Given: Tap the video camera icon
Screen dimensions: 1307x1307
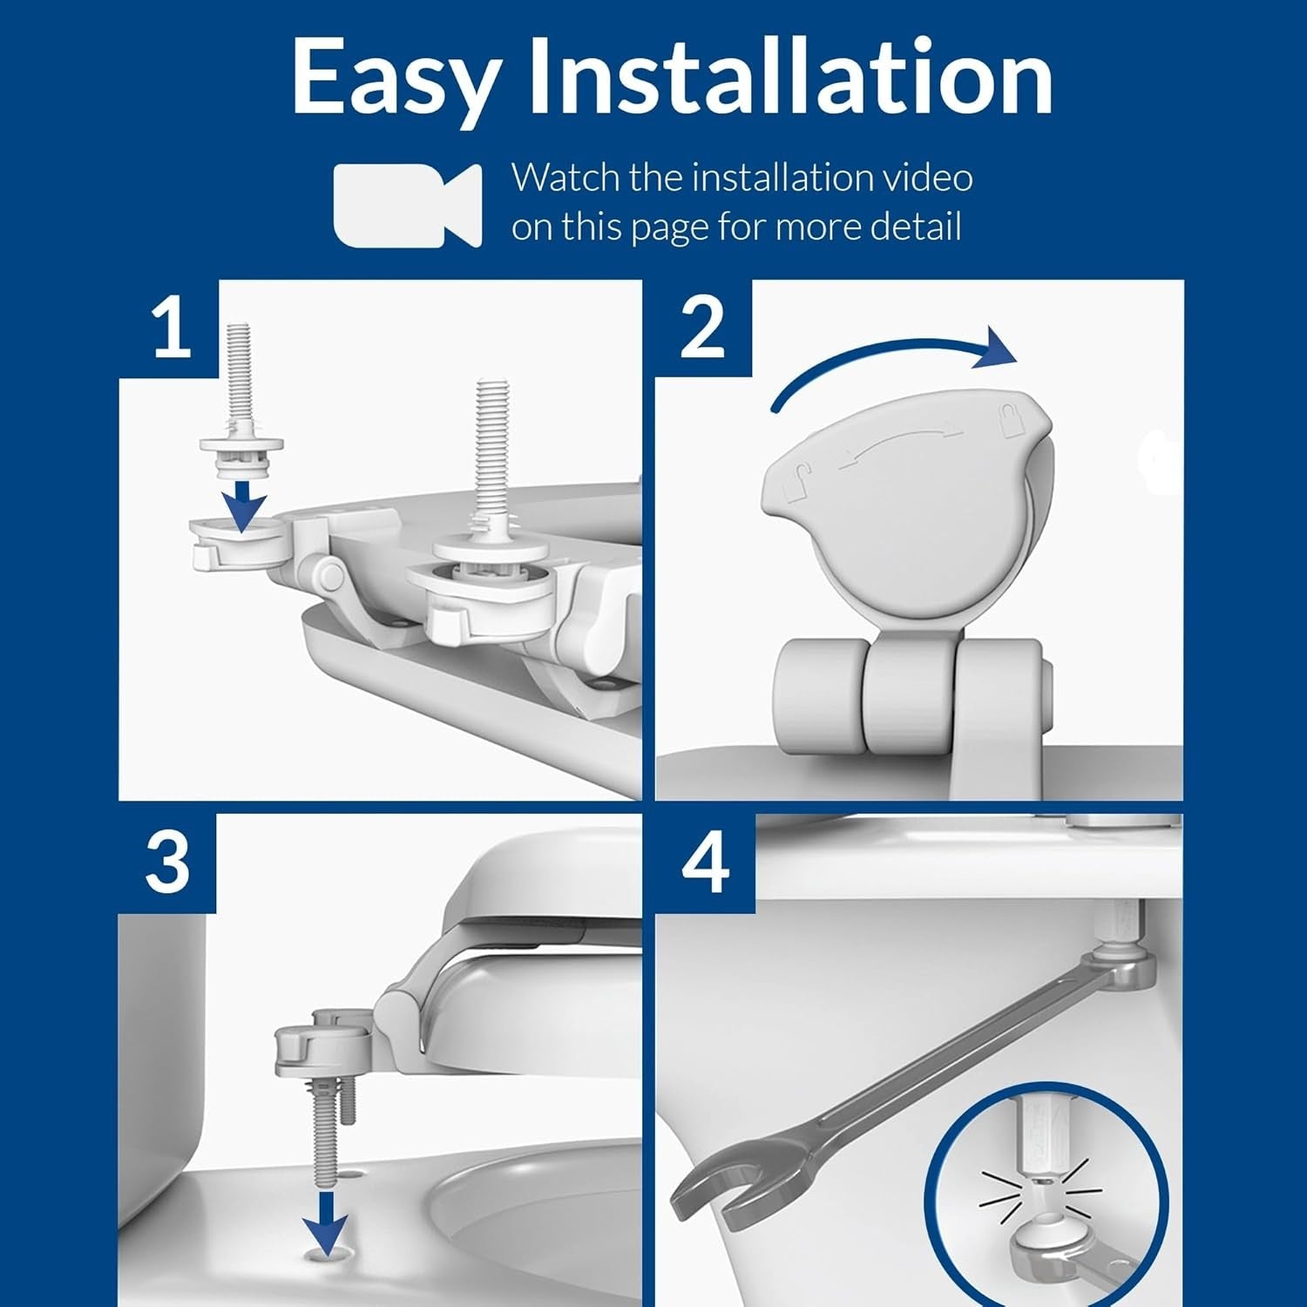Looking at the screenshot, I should (x=407, y=205).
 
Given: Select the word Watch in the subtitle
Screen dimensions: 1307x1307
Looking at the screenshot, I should (x=565, y=178).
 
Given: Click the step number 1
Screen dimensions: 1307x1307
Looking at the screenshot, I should (x=171, y=328).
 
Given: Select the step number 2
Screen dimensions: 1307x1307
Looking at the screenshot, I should (x=702, y=328).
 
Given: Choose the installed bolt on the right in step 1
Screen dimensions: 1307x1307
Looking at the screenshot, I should (x=493, y=471).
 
